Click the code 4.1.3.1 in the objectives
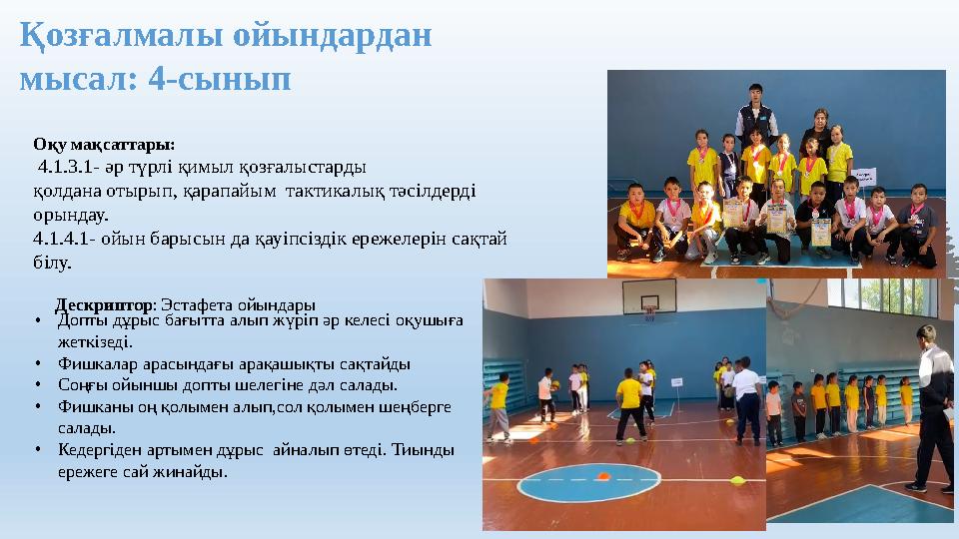point(67,166)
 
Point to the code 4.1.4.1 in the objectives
point(63,239)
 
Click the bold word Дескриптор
point(104,303)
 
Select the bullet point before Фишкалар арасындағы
point(37,364)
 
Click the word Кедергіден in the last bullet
point(96,450)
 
